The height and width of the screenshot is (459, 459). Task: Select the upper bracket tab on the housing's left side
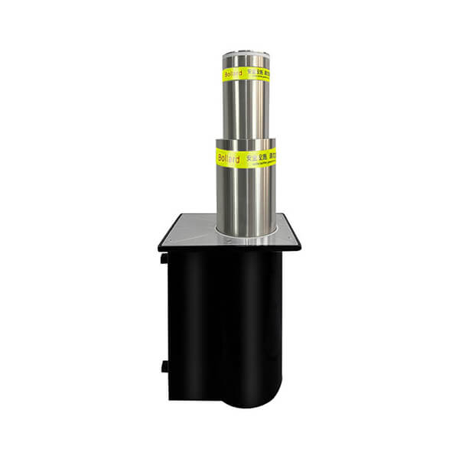click(x=164, y=258)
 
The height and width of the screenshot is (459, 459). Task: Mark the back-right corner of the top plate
click(x=285, y=214)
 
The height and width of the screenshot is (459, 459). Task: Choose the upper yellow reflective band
click(x=245, y=74)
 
